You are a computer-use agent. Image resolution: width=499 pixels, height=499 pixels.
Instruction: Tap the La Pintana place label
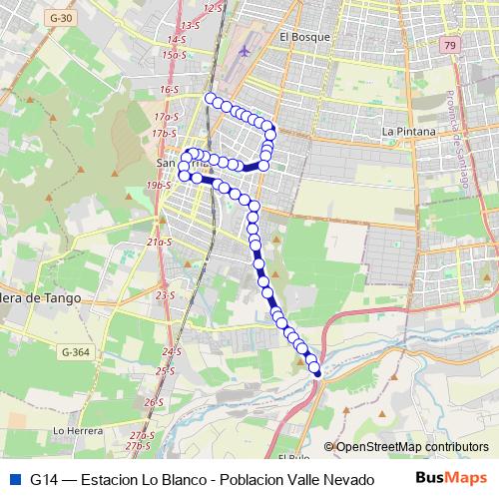409,131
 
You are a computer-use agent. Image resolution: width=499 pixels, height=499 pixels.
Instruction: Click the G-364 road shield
74,351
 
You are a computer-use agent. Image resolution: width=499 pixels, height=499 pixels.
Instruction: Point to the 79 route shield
451,46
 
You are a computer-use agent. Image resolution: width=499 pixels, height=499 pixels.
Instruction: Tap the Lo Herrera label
78,430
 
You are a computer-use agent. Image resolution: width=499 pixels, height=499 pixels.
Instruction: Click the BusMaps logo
451,478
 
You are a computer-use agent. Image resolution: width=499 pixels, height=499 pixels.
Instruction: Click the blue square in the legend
13,479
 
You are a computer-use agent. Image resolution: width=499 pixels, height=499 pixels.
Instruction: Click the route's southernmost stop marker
317,371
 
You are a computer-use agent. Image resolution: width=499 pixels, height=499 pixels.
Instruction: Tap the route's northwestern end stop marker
210,98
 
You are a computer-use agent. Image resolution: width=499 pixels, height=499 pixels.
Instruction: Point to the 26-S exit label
154,402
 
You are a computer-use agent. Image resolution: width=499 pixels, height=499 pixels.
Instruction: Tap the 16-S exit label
168,90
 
